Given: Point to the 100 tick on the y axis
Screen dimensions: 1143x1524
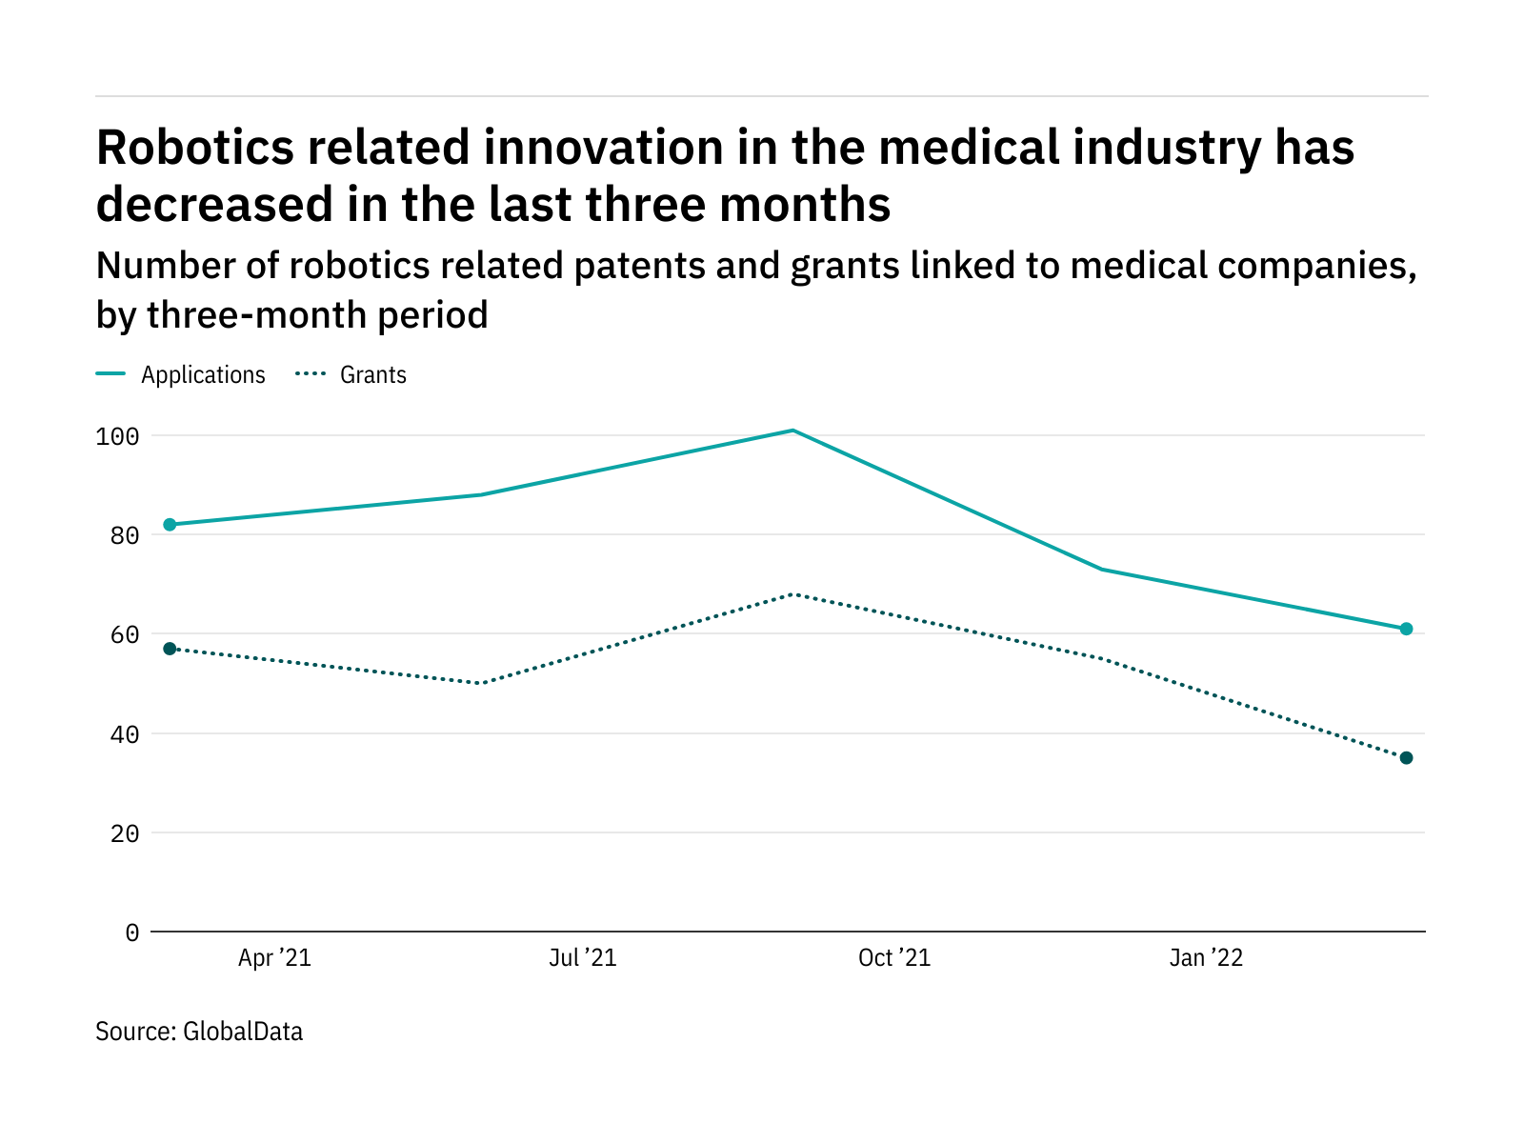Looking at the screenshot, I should (117, 436).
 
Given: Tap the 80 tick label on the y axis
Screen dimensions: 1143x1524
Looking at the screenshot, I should (124, 535).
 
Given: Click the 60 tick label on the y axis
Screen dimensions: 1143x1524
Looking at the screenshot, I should (124, 634).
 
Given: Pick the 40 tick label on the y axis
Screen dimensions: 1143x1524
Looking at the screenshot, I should (124, 734).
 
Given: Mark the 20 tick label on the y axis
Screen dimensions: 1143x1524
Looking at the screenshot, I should (124, 833).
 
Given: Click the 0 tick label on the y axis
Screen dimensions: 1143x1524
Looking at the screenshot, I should (131, 932).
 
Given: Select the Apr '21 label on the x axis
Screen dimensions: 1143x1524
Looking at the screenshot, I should (274, 958).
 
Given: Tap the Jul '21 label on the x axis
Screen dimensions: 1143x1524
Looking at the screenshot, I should (583, 958).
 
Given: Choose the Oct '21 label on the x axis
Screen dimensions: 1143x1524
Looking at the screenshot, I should (894, 958).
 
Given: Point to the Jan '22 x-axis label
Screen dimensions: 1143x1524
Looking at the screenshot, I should (1206, 958).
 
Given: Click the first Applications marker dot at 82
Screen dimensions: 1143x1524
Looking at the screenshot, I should (170, 525).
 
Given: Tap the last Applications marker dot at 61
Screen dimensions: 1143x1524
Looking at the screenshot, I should (1406, 629).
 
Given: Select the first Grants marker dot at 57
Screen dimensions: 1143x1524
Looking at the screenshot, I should (170, 649).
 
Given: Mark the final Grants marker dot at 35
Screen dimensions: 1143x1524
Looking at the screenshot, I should (1406, 758).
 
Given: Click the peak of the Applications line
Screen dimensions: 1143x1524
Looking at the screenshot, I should (792, 431).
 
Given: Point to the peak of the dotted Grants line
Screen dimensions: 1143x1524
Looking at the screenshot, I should (792, 594).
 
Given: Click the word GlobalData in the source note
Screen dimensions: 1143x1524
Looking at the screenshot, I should (243, 1032).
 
